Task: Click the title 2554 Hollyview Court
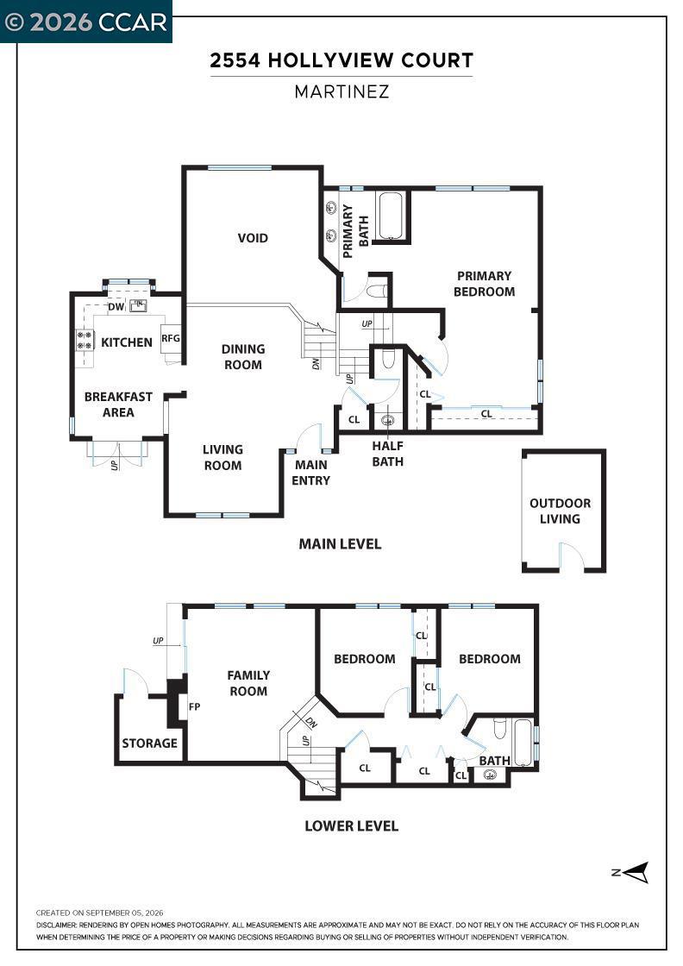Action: tap(341, 60)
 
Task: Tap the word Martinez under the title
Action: tap(341, 91)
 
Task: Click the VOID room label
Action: tap(253, 238)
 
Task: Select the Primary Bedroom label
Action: tap(484, 284)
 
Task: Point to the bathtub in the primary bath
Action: tap(391, 216)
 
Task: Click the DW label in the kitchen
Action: tap(116, 306)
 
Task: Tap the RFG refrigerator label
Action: tap(171, 337)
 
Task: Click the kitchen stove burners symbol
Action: tap(85, 340)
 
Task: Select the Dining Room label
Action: tap(243, 357)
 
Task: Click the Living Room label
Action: tap(223, 457)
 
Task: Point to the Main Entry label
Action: tap(311, 473)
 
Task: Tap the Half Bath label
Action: tap(387, 454)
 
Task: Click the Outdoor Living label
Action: tap(560, 511)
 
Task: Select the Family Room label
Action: tap(248, 683)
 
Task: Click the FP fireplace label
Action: tap(195, 706)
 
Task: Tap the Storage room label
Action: tap(150, 743)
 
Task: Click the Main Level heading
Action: tap(340, 544)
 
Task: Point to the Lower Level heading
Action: tap(352, 825)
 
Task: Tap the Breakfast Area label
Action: tap(118, 405)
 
